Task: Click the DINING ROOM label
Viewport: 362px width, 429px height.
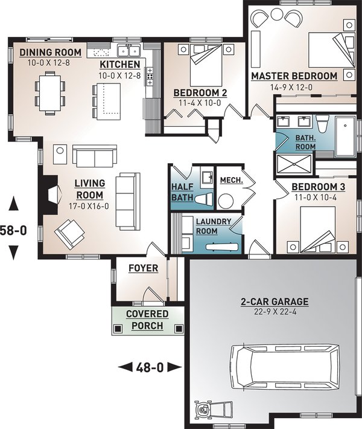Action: tap(50, 52)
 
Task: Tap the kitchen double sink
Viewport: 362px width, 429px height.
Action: tap(129, 50)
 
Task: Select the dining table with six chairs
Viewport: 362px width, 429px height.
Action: tap(50, 93)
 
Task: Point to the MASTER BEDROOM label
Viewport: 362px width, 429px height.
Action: tap(294, 76)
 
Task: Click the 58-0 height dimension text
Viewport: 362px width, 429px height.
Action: tap(13, 230)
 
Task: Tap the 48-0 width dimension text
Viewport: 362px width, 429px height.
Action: tap(150, 367)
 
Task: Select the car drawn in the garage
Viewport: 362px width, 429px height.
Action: tap(285, 367)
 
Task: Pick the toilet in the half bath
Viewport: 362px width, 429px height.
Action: tap(204, 199)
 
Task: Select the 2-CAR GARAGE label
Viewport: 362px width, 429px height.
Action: tap(275, 302)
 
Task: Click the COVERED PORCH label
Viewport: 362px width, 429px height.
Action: tap(147, 320)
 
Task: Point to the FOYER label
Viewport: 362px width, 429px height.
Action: tap(144, 268)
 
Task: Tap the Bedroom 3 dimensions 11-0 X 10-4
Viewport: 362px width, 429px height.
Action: tap(316, 197)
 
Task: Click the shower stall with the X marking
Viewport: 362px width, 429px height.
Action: tap(294, 164)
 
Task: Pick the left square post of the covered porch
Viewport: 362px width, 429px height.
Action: tap(118, 328)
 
